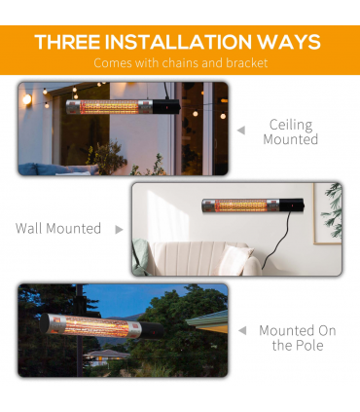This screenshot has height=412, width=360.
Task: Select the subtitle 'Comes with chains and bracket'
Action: tap(179, 63)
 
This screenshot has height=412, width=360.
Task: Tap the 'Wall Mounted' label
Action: tap(58, 229)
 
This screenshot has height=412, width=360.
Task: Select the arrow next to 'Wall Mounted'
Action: tap(120, 230)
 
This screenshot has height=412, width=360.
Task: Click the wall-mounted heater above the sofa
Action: tap(242, 206)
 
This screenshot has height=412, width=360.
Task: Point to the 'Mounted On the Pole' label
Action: tap(298, 338)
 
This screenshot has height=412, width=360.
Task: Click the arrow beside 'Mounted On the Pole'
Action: tap(241, 331)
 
